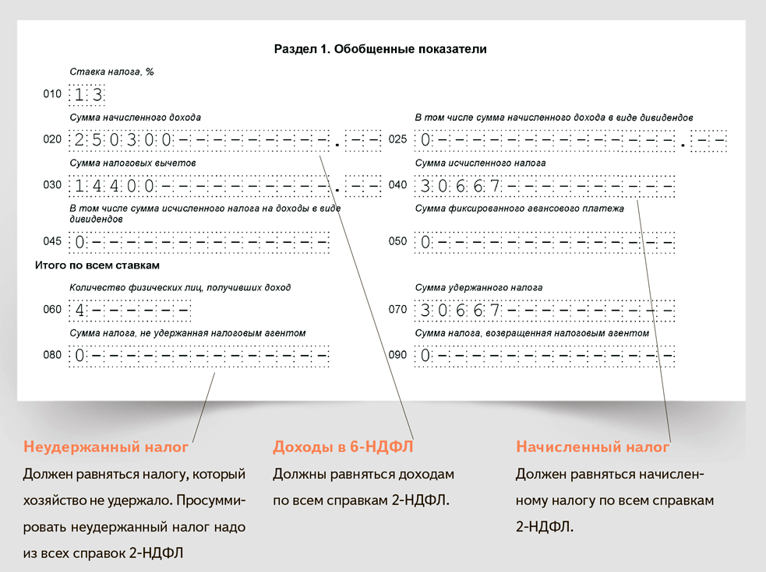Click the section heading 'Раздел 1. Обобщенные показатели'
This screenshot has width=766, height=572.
pyautogui.click(x=380, y=49)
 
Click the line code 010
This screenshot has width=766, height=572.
pyautogui.click(x=52, y=95)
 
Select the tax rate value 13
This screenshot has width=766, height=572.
pyautogui.click(x=88, y=96)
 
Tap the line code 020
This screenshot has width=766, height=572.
pyautogui.click(x=52, y=140)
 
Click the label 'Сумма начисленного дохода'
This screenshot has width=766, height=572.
pyautogui.click(x=135, y=118)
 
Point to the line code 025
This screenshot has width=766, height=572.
pyautogui.click(x=397, y=140)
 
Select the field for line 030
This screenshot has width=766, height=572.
pyautogui.click(x=225, y=187)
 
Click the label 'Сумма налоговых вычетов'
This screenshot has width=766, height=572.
pyautogui.click(x=132, y=163)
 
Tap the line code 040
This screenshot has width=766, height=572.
pyautogui.click(x=397, y=186)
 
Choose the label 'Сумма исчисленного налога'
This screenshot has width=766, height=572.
pyautogui.click(x=480, y=163)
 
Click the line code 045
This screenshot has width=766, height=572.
pyautogui.click(x=52, y=241)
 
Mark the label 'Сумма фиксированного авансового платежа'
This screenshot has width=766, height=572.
pyautogui.click(x=520, y=209)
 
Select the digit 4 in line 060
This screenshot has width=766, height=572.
pyautogui.click(x=79, y=311)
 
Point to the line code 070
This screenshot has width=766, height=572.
pyautogui.click(x=397, y=310)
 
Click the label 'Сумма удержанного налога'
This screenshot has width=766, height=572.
pyautogui.click(x=478, y=287)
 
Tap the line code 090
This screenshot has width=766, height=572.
pyautogui.click(x=397, y=355)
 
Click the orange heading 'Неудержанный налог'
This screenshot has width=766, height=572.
pyautogui.click(x=106, y=447)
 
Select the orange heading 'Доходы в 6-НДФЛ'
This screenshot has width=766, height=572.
pyautogui.click(x=342, y=447)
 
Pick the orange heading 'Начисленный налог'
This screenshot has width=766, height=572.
pyautogui.click(x=592, y=447)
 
